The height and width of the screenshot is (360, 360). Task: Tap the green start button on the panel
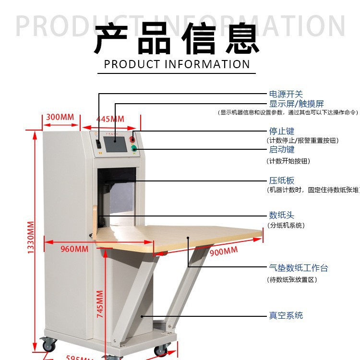click(134, 148)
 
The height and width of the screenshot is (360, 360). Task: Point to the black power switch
click(98, 143)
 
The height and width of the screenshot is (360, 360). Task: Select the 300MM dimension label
click(60, 117)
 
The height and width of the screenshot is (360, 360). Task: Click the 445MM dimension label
click(110, 119)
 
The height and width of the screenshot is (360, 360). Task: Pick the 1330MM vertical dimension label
click(30, 238)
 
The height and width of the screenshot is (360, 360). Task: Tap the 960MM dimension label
click(74, 249)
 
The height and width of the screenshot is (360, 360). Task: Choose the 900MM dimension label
click(223, 251)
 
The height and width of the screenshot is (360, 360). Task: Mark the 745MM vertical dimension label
click(100, 304)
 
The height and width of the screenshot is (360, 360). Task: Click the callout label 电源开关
click(286, 94)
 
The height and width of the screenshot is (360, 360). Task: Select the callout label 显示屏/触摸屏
click(296, 104)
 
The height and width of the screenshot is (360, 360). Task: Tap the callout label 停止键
click(281, 131)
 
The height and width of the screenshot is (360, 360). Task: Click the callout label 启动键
click(281, 150)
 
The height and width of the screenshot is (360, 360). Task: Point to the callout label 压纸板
click(281, 180)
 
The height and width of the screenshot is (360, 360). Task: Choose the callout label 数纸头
click(281, 215)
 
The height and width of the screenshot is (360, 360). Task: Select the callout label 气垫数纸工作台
click(298, 268)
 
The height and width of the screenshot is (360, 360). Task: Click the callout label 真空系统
click(286, 315)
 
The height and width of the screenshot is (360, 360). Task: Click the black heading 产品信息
click(177, 39)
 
